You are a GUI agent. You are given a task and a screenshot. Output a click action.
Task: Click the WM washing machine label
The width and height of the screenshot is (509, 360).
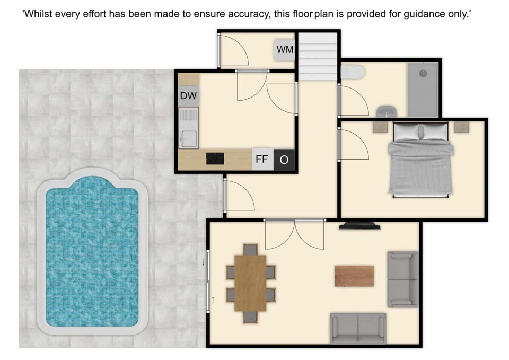pyautogui.click(x=285, y=50)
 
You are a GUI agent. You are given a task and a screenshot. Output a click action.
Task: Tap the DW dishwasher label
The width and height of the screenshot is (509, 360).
pyautogui.click(x=188, y=96)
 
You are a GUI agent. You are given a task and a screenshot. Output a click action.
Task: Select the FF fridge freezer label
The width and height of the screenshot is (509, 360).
pyautogui.click(x=262, y=159)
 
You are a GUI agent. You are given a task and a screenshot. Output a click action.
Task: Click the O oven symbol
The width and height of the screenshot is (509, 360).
pyautogui.click(x=284, y=160)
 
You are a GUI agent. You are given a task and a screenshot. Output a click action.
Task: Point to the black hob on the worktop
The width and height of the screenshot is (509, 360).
pyautogui.click(x=215, y=159)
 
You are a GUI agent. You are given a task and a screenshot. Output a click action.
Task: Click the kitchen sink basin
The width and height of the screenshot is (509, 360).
pyautogui.click(x=189, y=138)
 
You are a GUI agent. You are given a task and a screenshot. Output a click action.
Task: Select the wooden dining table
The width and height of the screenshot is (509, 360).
pyautogui.click(x=250, y=283)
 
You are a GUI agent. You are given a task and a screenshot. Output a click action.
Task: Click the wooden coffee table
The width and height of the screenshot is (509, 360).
pyautogui.click(x=354, y=276)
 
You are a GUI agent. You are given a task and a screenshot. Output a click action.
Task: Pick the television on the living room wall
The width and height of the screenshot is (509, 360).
pyautogui.click(x=359, y=226)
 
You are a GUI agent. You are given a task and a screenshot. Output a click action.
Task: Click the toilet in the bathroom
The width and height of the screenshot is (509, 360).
pyautogui.click(x=353, y=72)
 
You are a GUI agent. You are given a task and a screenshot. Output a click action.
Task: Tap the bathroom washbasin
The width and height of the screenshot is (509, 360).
pyautogui.click(x=387, y=111)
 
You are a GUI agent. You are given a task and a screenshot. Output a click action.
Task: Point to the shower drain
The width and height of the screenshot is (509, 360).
pyautogui.click(x=423, y=73)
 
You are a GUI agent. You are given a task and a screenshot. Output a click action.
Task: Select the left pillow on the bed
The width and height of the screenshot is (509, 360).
pyautogui.click(x=407, y=132)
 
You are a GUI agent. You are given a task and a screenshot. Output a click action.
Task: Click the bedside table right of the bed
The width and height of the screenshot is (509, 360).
pyautogui.click(x=461, y=127)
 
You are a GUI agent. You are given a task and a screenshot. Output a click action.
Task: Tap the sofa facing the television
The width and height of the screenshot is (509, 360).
pyautogui.click(x=358, y=328)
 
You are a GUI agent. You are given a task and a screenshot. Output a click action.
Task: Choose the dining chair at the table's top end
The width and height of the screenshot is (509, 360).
pyautogui.click(x=250, y=250)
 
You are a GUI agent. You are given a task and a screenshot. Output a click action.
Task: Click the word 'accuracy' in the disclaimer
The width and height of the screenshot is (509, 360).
pyautogui.click(x=249, y=14)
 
